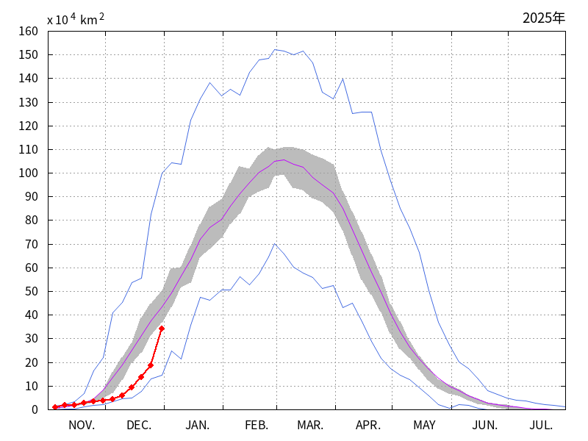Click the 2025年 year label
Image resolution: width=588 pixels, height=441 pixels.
(544, 18)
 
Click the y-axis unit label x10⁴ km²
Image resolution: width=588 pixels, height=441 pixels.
(76, 20)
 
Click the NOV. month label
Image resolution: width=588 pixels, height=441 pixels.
(82, 426)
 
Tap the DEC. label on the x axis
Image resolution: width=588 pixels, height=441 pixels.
(139, 426)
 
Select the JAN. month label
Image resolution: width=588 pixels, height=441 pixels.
(197, 426)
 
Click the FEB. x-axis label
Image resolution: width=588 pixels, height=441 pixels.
(256, 426)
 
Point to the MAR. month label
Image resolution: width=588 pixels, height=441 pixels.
(310, 426)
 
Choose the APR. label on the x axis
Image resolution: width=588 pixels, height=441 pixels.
(368, 426)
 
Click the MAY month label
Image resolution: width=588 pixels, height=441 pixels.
(424, 426)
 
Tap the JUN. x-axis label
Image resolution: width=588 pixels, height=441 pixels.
(484, 426)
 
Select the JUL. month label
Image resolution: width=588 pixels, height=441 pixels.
(541, 426)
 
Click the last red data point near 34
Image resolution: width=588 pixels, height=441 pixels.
(161, 329)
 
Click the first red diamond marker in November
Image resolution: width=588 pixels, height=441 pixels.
(55, 407)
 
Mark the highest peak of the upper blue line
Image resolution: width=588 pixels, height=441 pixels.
(275, 50)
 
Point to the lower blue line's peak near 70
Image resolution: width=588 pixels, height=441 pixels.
(275, 244)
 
